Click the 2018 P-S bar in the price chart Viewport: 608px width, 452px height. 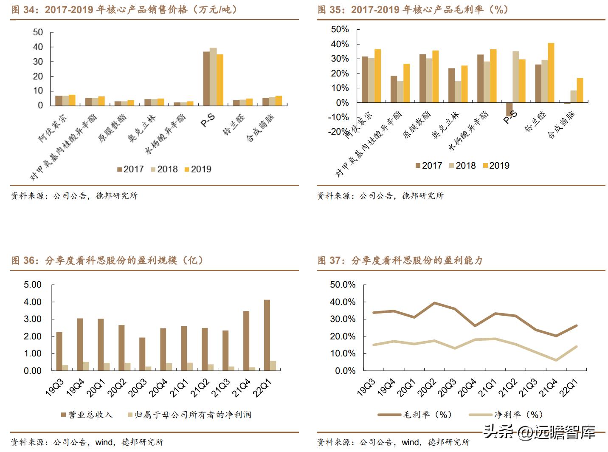click(x=213, y=76)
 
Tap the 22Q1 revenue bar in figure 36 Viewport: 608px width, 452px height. click(x=267, y=335)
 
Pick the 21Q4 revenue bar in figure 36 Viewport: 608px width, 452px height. click(x=246, y=341)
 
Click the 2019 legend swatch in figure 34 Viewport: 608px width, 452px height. click(x=187, y=169)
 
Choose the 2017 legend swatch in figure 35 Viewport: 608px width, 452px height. click(x=418, y=166)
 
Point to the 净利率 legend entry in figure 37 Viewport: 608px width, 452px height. click(x=505, y=415)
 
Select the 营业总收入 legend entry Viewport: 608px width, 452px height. click(x=87, y=415)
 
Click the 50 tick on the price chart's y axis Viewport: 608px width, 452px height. click(x=38, y=32)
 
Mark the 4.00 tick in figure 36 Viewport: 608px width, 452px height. click(x=33, y=302)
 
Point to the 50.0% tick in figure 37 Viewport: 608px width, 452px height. click(x=343, y=285)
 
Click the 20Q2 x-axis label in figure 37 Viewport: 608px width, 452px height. click(x=427, y=388)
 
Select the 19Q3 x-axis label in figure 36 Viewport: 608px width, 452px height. click(x=55, y=388)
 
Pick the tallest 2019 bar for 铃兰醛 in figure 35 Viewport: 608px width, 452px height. click(x=551, y=73)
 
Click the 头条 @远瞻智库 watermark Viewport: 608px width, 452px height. click(x=539, y=432)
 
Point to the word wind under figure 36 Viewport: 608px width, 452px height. click(x=104, y=442)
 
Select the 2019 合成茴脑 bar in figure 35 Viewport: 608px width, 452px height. click(x=580, y=90)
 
